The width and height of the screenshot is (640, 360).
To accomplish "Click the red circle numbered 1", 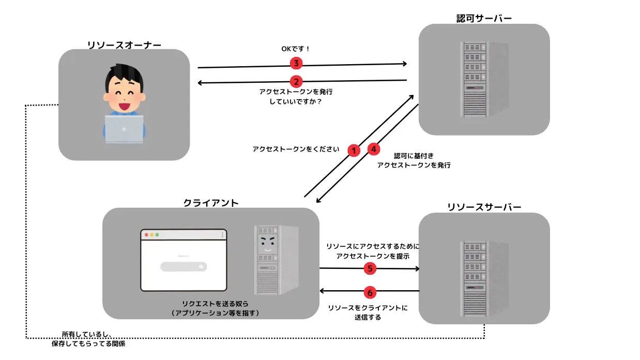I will click(x=354, y=151).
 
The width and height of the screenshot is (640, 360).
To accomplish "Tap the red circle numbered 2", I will click(x=296, y=82).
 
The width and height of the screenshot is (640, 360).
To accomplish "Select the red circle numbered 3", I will click(x=296, y=64).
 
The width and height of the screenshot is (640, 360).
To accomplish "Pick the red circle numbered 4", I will click(x=374, y=149).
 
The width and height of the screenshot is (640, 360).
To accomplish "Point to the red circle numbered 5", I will click(x=370, y=268).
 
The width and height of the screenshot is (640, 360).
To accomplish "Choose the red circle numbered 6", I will click(x=370, y=292).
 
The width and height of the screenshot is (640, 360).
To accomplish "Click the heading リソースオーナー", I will click(x=124, y=45).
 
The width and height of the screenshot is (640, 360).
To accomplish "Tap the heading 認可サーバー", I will click(x=484, y=19).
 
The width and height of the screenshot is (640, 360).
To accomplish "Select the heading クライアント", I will click(x=211, y=203).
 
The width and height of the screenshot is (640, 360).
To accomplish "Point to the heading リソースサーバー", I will click(x=484, y=207).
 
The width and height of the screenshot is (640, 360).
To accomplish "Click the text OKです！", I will click(x=295, y=49).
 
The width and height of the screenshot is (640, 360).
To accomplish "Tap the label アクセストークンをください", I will click(x=296, y=149).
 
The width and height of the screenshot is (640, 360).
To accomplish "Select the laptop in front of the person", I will click(x=124, y=129).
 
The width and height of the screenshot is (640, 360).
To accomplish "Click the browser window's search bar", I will click(x=184, y=267).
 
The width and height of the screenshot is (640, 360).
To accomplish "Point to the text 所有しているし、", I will click(x=87, y=334).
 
